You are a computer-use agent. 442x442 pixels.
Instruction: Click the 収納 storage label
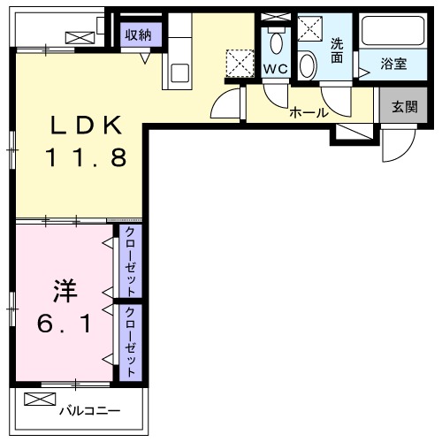coord(137,34)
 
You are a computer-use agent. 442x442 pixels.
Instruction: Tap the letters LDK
coord(80,126)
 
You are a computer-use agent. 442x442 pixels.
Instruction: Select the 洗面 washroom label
coord(338,50)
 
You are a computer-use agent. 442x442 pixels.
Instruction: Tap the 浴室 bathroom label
coord(394,64)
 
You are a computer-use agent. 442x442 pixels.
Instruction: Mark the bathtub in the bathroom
coord(395,34)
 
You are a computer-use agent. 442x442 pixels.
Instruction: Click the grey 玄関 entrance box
coord(405,107)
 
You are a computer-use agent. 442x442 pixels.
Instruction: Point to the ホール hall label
coord(309,113)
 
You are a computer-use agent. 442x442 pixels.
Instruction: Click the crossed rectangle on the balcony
coord(41,400)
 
